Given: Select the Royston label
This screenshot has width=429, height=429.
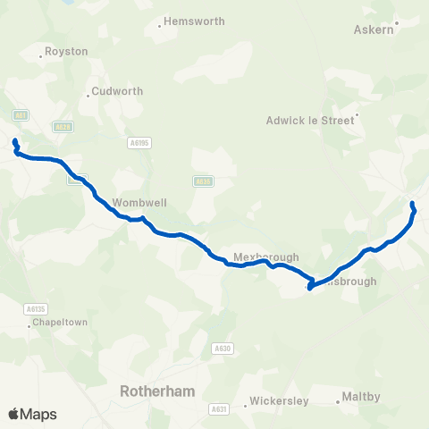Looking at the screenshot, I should pos(68,51).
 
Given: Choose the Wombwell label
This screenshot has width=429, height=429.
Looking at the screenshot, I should pos(135,203).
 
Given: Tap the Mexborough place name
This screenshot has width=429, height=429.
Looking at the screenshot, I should pos(265,257).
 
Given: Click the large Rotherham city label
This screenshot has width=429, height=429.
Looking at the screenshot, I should pos(157,391).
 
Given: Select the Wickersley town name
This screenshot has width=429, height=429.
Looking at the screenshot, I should pos(280,400).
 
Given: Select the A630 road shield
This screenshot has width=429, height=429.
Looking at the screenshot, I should pos(222,348).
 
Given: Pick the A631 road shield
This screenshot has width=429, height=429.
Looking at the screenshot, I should pos(218,409).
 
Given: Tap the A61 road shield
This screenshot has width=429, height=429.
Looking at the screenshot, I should pos(20,114).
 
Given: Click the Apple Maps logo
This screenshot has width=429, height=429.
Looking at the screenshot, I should pos(32,414).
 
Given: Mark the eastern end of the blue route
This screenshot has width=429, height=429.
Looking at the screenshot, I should pos(412,206).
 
